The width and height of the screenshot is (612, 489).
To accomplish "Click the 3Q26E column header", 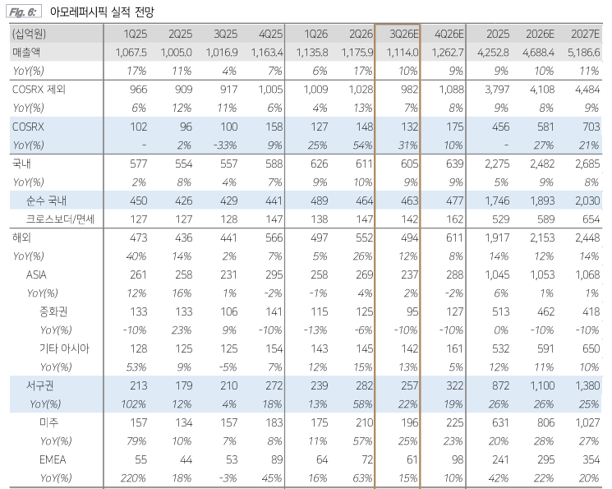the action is tap(404, 34).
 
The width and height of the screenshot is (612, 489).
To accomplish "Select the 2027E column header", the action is tap(585, 34).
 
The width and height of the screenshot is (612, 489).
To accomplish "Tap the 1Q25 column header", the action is tap(135, 34).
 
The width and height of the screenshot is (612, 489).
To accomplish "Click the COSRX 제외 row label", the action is tap(39, 90).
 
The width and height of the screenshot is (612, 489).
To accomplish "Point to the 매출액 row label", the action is tap(26, 53).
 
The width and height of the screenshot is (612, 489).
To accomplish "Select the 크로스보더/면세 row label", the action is tap(60, 219).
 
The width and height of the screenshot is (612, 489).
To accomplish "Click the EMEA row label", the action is tap(53, 459).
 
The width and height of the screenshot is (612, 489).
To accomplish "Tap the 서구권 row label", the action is tap(39, 385).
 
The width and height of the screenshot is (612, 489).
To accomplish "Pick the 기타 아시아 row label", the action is tap(64, 348).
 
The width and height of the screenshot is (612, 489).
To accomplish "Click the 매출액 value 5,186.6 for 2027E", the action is tap(584, 53).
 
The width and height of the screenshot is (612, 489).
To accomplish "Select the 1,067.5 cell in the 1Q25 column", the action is tap(131, 53).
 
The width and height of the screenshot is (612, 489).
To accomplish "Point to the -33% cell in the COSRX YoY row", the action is tap(225, 145).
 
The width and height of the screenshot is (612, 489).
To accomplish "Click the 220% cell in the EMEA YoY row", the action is tap(133, 478).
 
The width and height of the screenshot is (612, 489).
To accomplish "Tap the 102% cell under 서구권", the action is tap(133, 404).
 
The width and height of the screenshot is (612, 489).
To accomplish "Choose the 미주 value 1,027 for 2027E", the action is tap(587, 422).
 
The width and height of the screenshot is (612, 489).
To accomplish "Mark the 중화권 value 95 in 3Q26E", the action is tap(412, 311).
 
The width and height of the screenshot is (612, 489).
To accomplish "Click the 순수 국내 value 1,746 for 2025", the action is tap(497, 201).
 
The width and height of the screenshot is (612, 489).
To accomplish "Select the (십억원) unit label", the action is tap(30, 34).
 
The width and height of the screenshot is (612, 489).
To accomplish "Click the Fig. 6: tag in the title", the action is tap(23, 12).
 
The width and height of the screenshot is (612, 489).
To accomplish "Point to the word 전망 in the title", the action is tap(145, 12).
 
